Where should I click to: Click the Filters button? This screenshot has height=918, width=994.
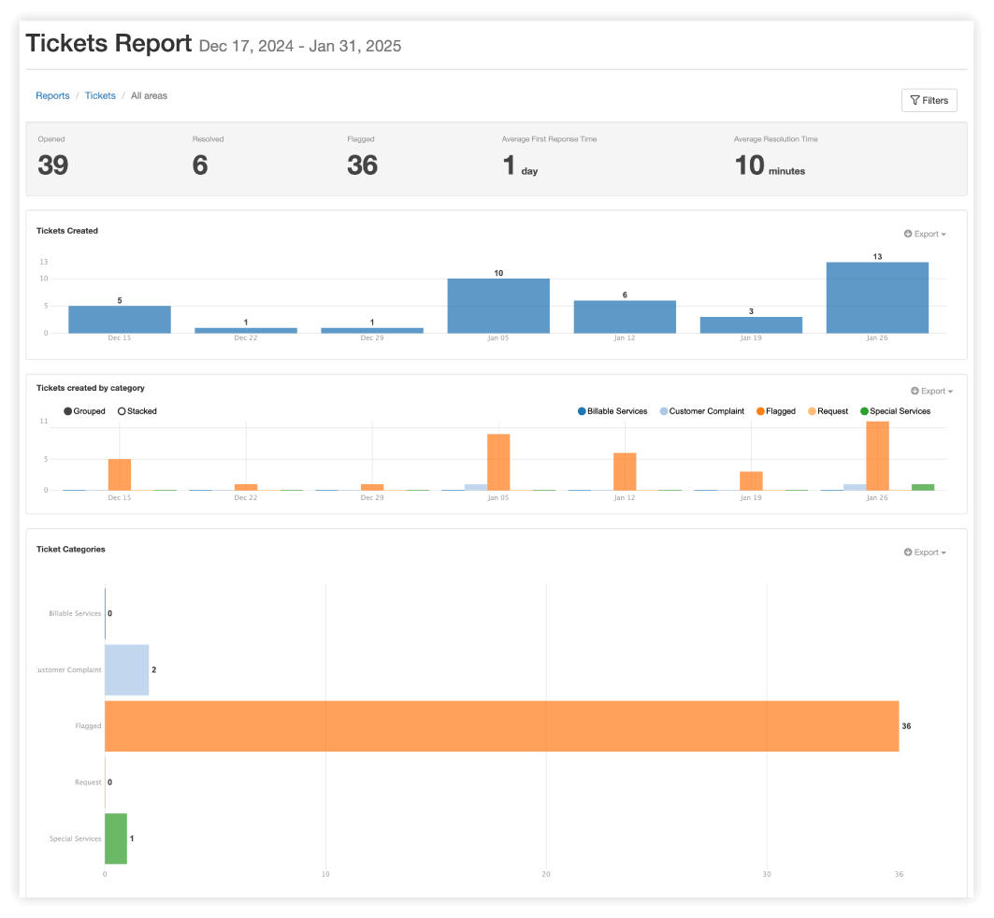(x=929, y=100)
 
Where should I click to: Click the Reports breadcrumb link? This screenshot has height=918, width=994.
(x=52, y=95)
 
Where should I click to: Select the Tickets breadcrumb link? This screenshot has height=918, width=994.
(x=100, y=95)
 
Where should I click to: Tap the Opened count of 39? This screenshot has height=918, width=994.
(x=53, y=165)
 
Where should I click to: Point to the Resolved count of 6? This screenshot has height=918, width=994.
(x=200, y=165)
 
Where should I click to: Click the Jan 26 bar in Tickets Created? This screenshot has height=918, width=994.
(x=877, y=297)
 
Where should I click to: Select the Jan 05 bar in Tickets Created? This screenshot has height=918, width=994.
(x=498, y=306)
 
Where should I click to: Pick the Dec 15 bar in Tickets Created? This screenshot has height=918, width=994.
(x=120, y=319)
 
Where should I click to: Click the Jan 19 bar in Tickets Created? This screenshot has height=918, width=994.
(x=751, y=324)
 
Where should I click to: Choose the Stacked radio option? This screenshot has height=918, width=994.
(x=122, y=411)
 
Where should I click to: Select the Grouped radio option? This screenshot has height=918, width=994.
(x=68, y=411)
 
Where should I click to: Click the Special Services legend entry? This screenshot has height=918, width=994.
(x=895, y=411)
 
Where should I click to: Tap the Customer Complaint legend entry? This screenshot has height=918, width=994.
(x=701, y=411)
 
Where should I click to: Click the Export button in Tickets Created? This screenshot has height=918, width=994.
(x=925, y=234)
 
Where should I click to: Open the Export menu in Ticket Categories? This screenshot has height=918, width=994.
(x=925, y=552)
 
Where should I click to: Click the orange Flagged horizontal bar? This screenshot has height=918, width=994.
(x=501, y=725)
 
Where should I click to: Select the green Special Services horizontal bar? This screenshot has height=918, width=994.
(x=116, y=839)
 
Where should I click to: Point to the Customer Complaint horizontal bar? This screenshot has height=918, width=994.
(x=126, y=669)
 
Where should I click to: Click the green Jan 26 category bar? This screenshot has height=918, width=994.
(x=923, y=487)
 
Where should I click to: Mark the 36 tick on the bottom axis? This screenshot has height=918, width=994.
(x=899, y=874)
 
